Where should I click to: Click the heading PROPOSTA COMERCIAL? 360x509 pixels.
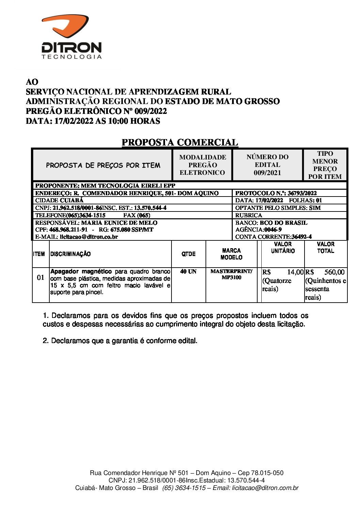point(180,142)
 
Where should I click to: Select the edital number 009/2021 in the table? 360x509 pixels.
point(267,173)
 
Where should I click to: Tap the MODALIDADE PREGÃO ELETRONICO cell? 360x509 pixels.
point(202,165)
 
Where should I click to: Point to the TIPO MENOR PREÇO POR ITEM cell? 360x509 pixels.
point(325,165)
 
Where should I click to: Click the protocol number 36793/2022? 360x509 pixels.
point(302,193)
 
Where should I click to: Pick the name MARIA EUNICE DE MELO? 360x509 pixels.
point(119,223)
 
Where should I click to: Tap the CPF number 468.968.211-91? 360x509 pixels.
point(68,230)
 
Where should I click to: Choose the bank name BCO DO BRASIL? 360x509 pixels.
point(283,223)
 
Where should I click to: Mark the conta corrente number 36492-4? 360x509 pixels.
point(301,237)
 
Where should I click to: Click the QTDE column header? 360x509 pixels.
point(189,254)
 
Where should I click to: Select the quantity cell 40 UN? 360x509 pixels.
point(188,272)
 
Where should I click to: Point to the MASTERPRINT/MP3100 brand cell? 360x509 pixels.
point(231,274)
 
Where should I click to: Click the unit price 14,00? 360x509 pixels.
point(295,272)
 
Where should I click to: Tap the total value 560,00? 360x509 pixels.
point(334,272)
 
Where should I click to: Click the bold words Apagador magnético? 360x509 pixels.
point(81,271)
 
